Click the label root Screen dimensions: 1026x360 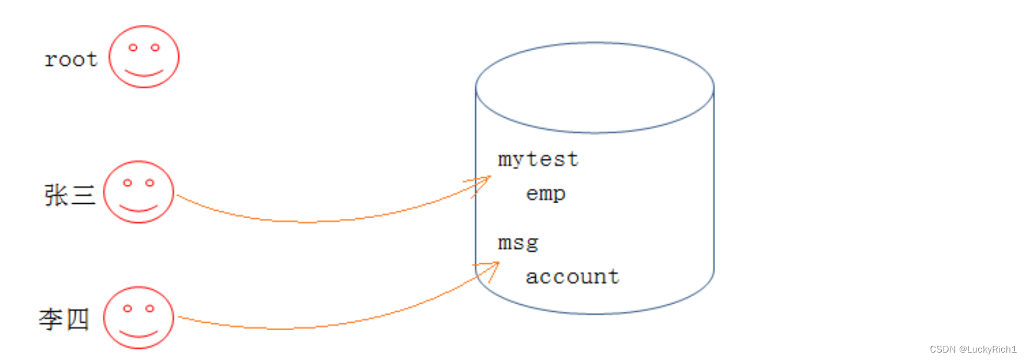[x=71, y=59]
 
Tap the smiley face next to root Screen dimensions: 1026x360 [x=144, y=56]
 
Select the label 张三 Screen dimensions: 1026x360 [x=69, y=195]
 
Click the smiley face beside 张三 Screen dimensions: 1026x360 [x=138, y=192]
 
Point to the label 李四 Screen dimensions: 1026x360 [x=64, y=319]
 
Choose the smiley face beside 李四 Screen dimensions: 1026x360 [x=138, y=317]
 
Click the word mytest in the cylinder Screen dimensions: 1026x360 [x=538, y=160]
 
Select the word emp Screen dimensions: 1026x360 [x=545, y=194]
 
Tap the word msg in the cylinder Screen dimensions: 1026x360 [x=518, y=243]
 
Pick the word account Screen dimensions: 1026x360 [x=572, y=277]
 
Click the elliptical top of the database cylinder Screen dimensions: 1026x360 [x=595, y=87]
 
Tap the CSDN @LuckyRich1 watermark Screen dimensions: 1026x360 [x=973, y=349]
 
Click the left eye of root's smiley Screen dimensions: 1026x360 [x=133, y=47]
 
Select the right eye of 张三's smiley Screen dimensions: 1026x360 [x=149, y=183]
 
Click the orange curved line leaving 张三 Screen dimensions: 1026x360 [x=310, y=221]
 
